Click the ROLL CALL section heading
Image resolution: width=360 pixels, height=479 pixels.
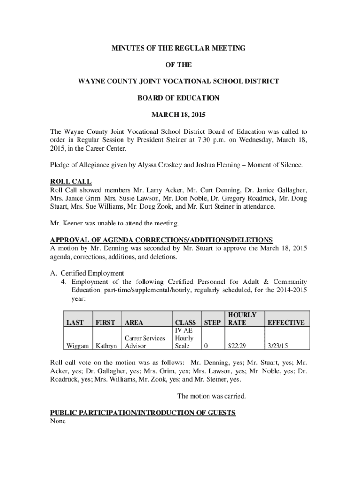pyautogui.click(x=71, y=181)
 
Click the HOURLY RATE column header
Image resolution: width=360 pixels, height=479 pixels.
pyautogui.click(x=242, y=319)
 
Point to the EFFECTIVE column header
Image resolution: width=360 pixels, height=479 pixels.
pyautogui.click(x=286, y=322)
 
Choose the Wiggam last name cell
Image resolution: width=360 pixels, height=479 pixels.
pyautogui.click(x=78, y=346)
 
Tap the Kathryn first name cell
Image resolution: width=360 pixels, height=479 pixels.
pyautogui.click(x=107, y=346)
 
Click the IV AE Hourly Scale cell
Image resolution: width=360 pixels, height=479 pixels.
pyautogui.click(x=185, y=338)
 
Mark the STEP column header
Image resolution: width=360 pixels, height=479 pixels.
pyautogui.click(x=212, y=322)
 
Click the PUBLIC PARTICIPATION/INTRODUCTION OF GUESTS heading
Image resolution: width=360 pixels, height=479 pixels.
pyautogui.click(x=143, y=413)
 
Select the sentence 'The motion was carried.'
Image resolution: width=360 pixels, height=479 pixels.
pyautogui.click(x=212, y=396)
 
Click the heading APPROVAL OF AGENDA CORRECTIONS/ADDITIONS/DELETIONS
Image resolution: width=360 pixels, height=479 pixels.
pyautogui.click(x=161, y=239)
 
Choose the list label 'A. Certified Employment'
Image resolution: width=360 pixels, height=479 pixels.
pyautogui.click(x=87, y=273)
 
